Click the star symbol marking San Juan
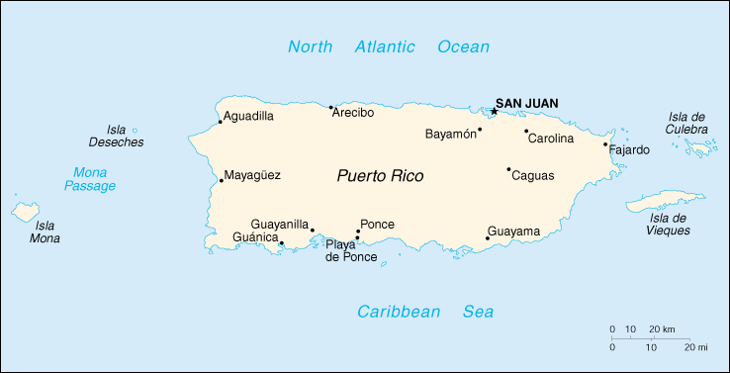pyautogui.click(x=494, y=111)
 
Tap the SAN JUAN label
pyautogui.click(x=526, y=103)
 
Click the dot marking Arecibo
pyautogui.click(x=330, y=107)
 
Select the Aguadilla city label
pyautogui.click(x=248, y=116)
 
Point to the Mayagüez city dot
pyautogui.click(x=221, y=181)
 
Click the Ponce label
pyautogui.click(x=377, y=225)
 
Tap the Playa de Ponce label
pyautogui.click(x=351, y=251)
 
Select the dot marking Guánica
pyautogui.click(x=281, y=243)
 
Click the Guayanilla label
pyautogui.click(x=280, y=225)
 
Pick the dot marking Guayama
pyautogui.click(x=487, y=237)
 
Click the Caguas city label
pyautogui.click(x=533, y=175)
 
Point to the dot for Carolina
pyautogui.click(x=526, y=131)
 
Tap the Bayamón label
pyautogui.click(x=450, y=134)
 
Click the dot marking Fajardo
pyautogui.click(x=605, y=145)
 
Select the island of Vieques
pyautogui.click(x=665, y=202)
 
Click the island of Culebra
pyautogui.click(x=701, y=148)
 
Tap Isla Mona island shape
pyautogui.click(x=26, y=212)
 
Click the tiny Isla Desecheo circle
pyautogui.click(x=135, y=130)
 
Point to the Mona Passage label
pyautogui.click(x=90, y=178)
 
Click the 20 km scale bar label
pyautogui.click(x=662, y=328)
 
